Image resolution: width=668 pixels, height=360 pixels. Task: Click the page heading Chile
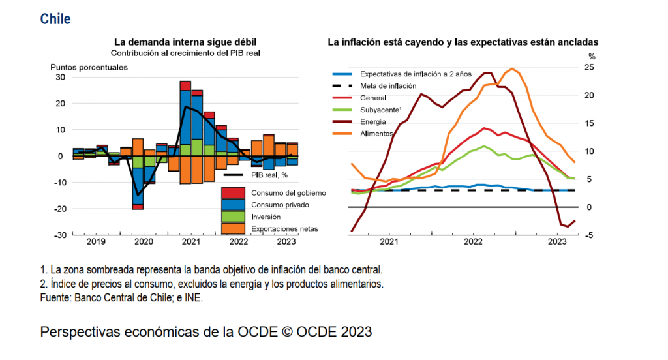55,19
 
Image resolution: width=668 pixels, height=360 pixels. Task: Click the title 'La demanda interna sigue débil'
185,42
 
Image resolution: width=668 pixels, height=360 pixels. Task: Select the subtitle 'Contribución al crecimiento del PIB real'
185,53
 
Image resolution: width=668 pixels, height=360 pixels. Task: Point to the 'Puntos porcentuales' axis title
89,67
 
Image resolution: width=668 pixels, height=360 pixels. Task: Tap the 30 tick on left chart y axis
60,77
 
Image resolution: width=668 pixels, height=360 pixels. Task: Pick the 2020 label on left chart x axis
144,241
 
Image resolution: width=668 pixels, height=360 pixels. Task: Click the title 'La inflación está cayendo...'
463,42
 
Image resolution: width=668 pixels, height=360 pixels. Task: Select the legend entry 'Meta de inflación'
388,86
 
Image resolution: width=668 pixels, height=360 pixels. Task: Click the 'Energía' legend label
373,121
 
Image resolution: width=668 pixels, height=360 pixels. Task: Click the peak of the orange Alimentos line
513,68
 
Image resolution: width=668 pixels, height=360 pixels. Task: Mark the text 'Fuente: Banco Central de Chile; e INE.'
121,297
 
